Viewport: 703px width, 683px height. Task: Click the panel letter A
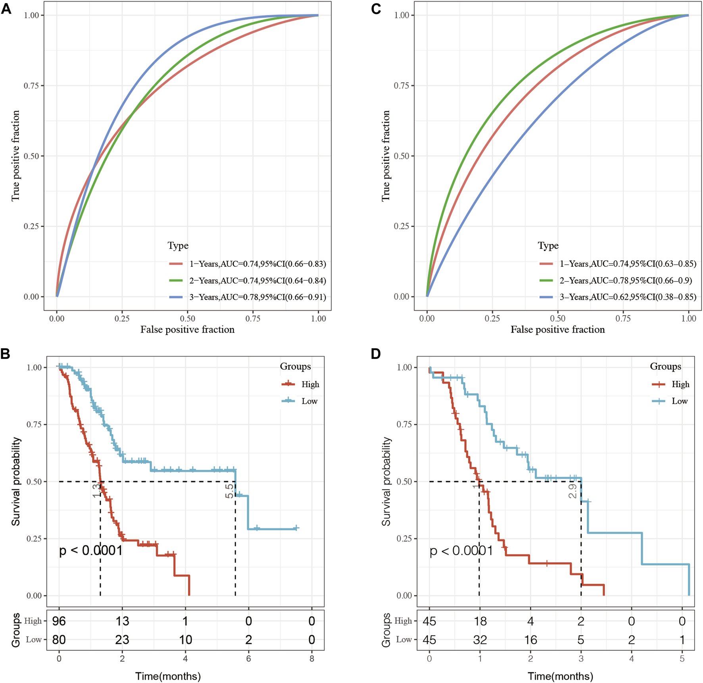(x=6, y=9)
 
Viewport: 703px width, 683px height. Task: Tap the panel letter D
(x=376, y=354)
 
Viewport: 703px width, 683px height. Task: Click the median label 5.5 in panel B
(x=229, y=491)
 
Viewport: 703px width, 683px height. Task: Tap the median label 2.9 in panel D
(x=572, y=491)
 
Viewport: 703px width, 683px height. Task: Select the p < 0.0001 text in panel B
(x=91, y=550)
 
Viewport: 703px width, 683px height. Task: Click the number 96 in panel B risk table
(x=59, y=621)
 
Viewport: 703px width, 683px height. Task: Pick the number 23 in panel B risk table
(x=122, y=640)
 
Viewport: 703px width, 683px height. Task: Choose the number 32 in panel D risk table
(x=480, y=640)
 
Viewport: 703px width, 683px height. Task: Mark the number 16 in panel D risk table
(x=530, y=640)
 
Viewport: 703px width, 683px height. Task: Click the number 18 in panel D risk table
(x=480, y=621)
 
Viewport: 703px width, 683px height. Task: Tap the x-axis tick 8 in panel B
(x=312, y=659)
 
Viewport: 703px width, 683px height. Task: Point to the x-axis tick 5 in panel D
(x=682, y=659)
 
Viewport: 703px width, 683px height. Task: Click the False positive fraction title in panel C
(x=557, y=330)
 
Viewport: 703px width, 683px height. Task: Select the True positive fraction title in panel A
(x=15, y=156)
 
